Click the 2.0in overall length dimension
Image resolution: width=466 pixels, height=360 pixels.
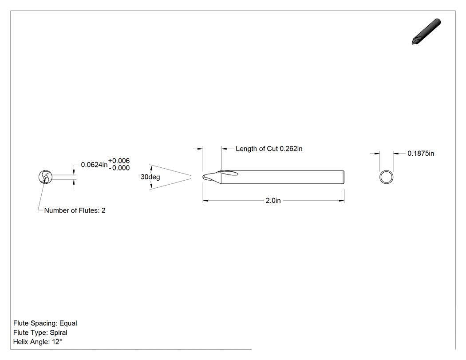pos(273,201)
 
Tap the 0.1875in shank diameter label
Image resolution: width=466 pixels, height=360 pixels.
pos(421,154)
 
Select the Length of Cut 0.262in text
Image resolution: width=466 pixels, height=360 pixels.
pos(269,149)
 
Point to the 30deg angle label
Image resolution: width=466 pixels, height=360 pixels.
pos(150,177)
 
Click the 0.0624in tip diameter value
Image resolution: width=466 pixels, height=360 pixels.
pos(94,165)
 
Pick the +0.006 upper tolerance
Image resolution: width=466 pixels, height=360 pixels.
pos(119,161)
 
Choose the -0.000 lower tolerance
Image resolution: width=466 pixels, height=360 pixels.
pos(119,168)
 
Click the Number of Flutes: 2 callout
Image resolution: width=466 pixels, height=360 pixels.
pos(75,210)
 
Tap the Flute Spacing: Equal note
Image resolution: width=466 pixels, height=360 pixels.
pos(45,323)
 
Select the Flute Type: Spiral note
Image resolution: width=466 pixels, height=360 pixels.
pos(40,332)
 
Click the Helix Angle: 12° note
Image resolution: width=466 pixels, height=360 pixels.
pos(38,341)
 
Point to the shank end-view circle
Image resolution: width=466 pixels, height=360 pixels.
pos(387,170)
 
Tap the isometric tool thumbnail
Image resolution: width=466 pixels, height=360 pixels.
pos(426,32)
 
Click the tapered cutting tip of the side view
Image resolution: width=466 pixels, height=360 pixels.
pos(212,177)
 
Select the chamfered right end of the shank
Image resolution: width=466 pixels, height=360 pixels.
pos(343,177)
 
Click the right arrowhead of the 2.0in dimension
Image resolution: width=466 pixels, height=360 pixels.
pos(342,201)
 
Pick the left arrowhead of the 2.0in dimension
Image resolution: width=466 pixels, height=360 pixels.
pos(205,201)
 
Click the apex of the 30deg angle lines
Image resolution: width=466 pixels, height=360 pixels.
pos(192,177)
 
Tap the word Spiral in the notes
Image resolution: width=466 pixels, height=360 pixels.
pos(59,332)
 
